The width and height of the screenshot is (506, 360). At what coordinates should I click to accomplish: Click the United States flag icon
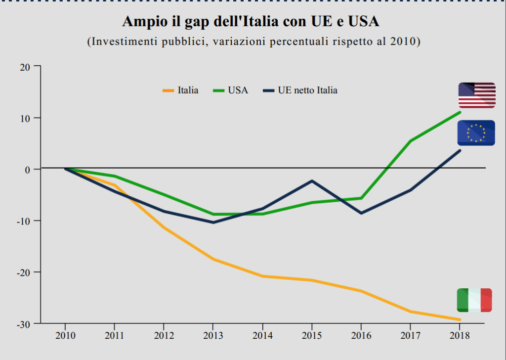tap(476, 95)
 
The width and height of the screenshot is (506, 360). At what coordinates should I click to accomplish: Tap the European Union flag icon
tap(476, 133)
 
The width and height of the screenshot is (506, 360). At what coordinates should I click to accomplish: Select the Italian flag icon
tap(474, 300)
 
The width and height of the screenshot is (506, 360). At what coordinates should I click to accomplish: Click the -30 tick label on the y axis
tap(23, 324)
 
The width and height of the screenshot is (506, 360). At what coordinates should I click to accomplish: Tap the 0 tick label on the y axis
tap(28, 170)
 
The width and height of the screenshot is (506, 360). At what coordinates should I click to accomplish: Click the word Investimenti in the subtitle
tap(123, 42)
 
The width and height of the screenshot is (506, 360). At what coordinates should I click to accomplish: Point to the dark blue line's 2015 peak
tap(312, 181)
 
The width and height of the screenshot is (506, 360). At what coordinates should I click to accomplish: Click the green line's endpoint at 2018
tap(460, 112)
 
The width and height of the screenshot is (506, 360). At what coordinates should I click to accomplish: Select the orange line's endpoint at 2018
tap(460, 319)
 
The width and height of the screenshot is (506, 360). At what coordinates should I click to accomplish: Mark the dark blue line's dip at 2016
tap(361, 213)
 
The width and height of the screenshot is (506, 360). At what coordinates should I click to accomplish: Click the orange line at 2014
tap(262, 276)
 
